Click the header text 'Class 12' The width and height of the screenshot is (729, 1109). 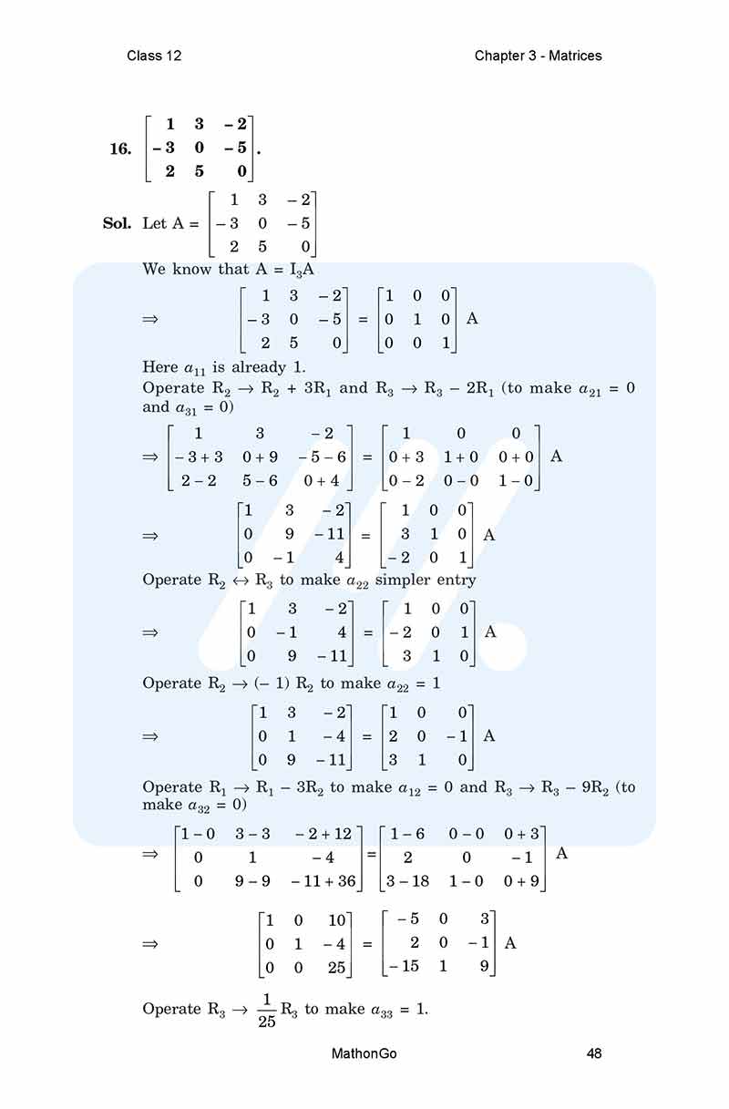154,56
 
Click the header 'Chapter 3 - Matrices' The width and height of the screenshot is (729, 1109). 538,56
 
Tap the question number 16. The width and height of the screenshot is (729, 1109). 120,149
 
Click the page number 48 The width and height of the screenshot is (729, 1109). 594,1053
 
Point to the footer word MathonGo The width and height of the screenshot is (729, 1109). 364,1053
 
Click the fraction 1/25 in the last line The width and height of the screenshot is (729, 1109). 265,1009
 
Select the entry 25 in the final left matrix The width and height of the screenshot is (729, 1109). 336,967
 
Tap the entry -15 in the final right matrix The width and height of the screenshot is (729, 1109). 403,967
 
